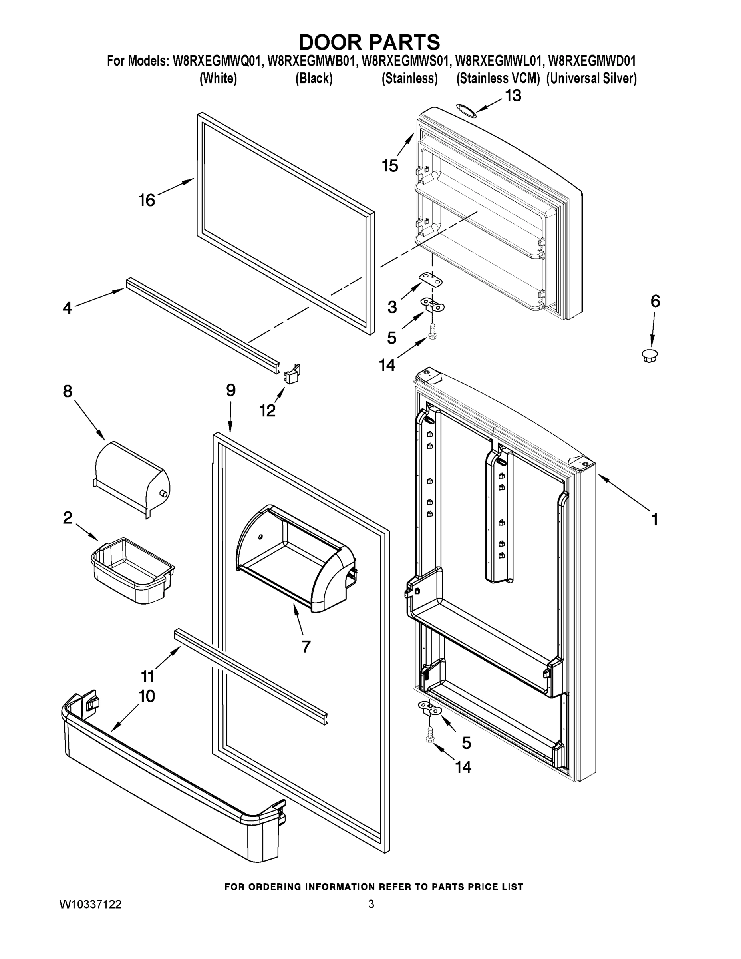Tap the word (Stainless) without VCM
[409, 79]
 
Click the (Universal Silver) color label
[591, 79]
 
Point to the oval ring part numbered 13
[465, 111]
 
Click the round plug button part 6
[650, 355]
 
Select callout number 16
[147, 200]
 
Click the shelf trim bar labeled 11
[250, 676]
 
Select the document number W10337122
[90, 904]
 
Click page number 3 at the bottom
[371, 904]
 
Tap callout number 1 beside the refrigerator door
[654, 520]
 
